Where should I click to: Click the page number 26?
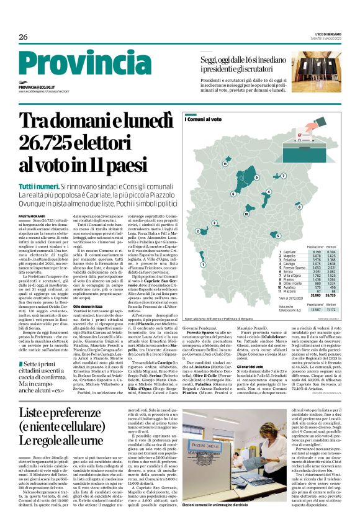[24, 37]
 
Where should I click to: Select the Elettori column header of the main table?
[348, 247]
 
